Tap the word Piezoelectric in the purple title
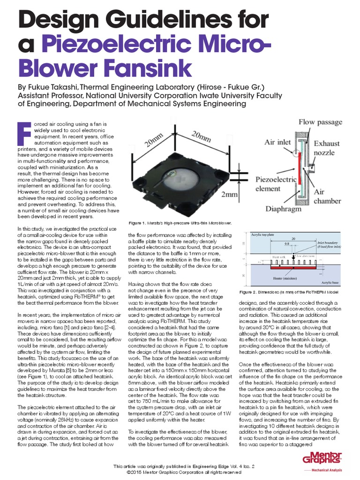coord(131,44)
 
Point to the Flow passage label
coord(321,122)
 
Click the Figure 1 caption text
coord(180,223)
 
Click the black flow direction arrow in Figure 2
coord(294,256)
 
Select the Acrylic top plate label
coord(262,233)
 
